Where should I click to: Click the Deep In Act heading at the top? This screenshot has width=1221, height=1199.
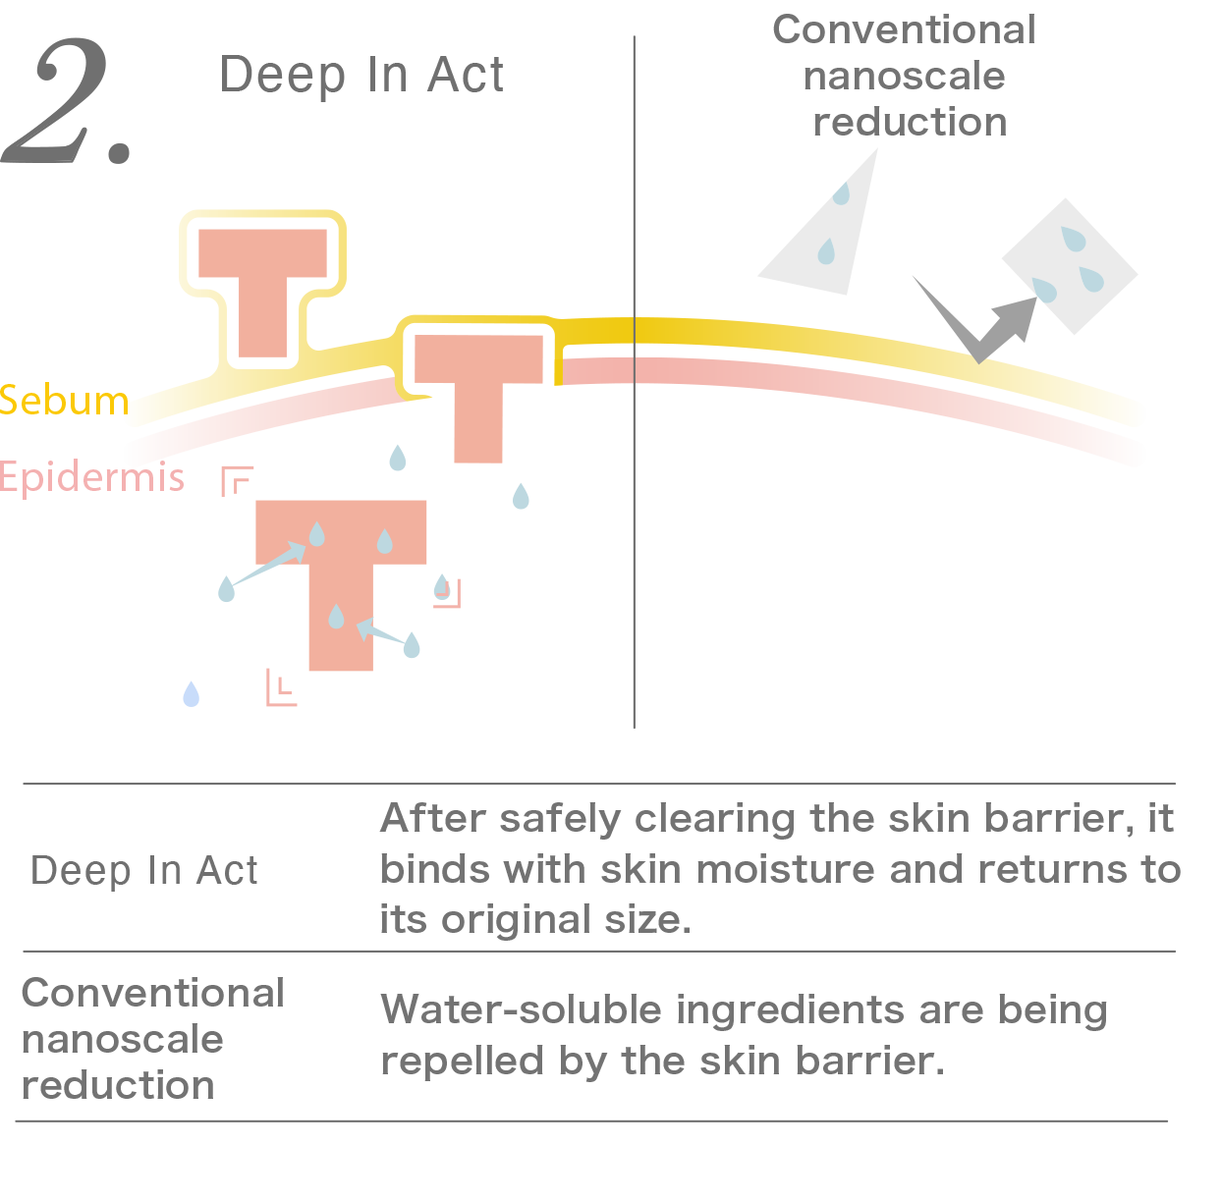click(361, 75)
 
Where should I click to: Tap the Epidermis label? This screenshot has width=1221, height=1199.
click(91, 477)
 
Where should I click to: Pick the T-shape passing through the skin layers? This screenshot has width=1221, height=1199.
click(478, 393)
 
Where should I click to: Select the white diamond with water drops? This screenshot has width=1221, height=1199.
click(1070, 265)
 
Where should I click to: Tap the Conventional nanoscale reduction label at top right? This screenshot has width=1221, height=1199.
click(905, 76)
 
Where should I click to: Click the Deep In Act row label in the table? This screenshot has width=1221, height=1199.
click(144, 871)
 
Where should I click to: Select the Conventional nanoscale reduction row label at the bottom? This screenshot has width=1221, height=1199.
click(151, 1039)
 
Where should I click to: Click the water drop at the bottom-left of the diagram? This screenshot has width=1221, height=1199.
click(192, 694)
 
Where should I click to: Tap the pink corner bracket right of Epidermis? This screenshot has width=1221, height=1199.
click(237, 480)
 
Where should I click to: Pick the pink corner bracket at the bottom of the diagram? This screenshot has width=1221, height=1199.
click(281, 688)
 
